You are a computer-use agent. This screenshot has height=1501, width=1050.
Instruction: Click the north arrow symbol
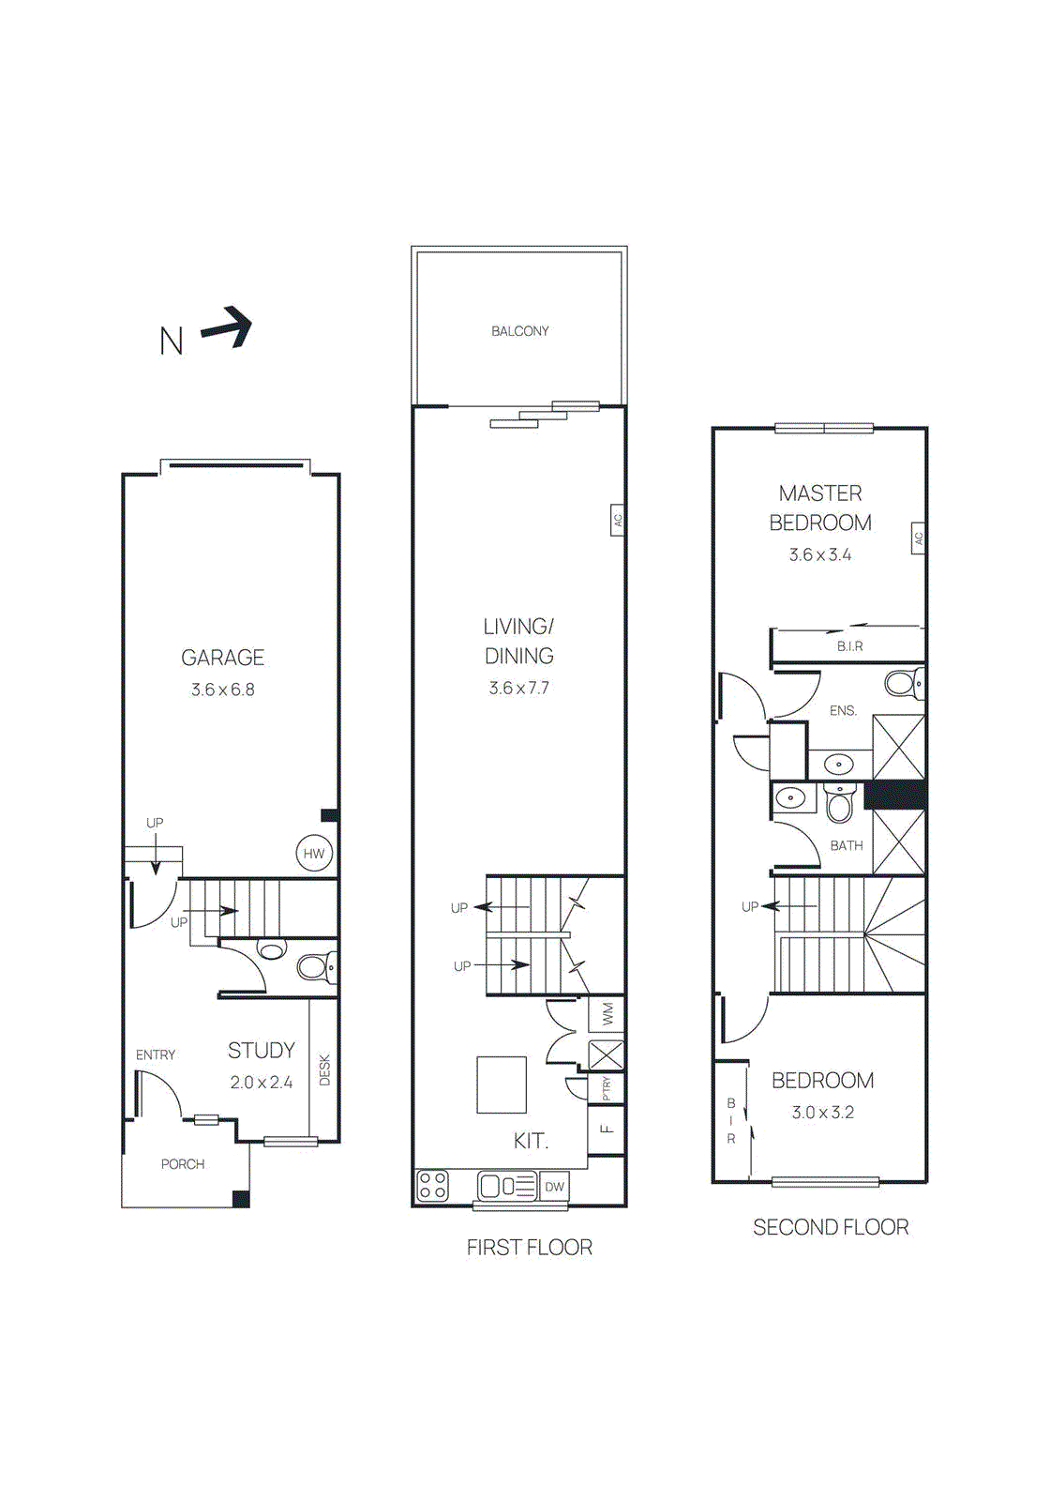coord(228,327)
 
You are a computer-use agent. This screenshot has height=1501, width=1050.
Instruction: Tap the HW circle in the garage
coord(314,854)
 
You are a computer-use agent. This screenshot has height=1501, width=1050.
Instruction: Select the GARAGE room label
coord(223,658)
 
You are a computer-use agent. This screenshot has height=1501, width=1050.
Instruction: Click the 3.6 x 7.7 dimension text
coord(519,689)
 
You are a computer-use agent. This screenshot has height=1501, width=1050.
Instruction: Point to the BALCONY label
coord(520,331)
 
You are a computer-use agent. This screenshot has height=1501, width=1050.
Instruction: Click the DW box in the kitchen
coord(555,1187)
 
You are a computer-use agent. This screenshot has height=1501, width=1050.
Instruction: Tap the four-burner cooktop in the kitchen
coord(432,1186)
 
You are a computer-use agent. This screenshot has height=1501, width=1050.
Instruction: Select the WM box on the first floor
coord(607,1014)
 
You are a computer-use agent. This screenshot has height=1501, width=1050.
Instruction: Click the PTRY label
coord(607,1088)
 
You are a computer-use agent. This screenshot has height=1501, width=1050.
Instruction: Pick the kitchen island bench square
coord(502,1084)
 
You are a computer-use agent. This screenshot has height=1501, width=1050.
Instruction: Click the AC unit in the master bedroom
coord(919,538)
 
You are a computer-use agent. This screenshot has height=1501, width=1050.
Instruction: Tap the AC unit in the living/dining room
coord(618,520)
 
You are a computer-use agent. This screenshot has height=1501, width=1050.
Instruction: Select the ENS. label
coord(843,711)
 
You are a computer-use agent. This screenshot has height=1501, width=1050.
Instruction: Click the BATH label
coord(846,846)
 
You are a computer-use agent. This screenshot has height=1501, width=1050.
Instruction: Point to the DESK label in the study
coord(324,1070)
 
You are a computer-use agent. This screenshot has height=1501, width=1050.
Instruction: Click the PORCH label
coord(183,1164)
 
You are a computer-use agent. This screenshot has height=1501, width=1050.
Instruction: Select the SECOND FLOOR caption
coord(831,1228)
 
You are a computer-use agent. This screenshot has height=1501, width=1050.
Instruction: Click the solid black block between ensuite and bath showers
coord(895,796)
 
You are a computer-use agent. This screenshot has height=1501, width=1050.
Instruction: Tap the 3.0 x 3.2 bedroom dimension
coord(822,1113)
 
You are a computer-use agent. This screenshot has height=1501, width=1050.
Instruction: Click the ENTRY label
coord(156,1055)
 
